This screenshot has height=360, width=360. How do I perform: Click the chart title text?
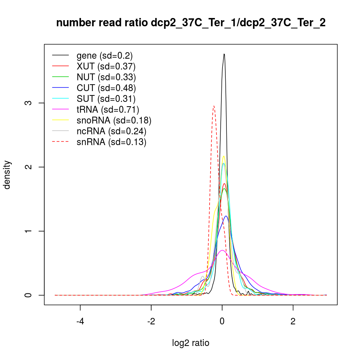tap(191, 23)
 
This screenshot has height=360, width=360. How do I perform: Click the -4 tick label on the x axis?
tap(80, 321)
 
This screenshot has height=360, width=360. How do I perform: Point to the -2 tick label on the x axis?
tap(151, 321)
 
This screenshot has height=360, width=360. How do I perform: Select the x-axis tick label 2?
tap(293, 321)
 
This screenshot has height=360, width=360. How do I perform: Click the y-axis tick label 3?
tap(30, 103)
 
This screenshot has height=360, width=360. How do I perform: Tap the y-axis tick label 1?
tap(30, 231)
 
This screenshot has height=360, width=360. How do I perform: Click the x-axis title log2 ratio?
tap(191, 343)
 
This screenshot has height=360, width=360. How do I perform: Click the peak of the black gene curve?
tap(224, 54)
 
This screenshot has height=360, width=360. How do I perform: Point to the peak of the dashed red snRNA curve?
tap(214, 106)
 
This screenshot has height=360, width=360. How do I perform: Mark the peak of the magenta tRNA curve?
tap(222, 250)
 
